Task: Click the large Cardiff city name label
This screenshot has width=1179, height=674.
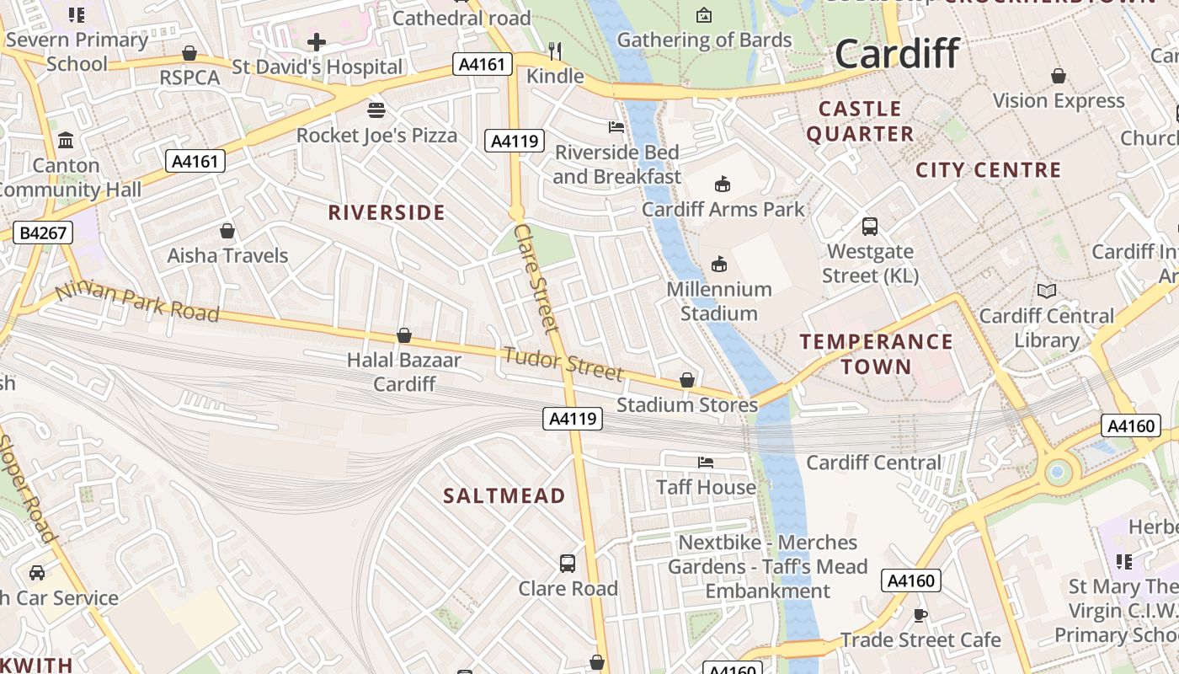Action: point(897,54)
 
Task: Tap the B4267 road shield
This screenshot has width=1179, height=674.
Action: point(43,233)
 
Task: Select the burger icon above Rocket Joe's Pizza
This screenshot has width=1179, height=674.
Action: point(376,110)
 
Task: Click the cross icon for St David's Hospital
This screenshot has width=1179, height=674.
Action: point(317,41)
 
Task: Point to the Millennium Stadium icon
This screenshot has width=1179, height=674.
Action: point(719,265)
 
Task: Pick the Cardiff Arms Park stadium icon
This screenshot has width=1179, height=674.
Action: point(723,184)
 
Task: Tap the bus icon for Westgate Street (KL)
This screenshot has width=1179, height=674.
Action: point(870,226)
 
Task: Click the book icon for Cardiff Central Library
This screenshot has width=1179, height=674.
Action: point(1047,291)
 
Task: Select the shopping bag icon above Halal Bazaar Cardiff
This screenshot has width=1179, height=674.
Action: point(404,335)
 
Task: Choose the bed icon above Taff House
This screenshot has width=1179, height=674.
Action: point(706,462)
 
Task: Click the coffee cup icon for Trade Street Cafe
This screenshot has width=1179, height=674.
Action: point(920,615)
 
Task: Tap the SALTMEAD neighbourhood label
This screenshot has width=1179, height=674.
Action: point(504,495)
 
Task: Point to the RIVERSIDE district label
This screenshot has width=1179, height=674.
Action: point(387,212)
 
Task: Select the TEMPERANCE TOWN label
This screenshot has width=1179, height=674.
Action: point(876,354)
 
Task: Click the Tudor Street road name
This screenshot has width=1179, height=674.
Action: point(563,363)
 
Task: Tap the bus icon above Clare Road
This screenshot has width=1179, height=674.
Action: point(568,563)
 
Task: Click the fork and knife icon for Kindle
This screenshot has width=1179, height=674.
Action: point(554,51)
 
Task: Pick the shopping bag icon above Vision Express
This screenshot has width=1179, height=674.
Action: point(1059,76)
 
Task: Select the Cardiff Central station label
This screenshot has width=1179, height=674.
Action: point(874,463)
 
